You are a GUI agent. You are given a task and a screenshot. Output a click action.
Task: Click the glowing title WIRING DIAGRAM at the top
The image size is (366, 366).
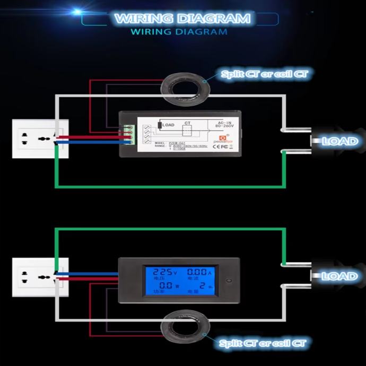(182, 19)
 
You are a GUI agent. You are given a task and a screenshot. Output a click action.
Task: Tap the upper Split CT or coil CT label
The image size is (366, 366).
(264, 74)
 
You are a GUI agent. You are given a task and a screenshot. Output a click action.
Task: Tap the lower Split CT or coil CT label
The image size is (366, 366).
(263, 343)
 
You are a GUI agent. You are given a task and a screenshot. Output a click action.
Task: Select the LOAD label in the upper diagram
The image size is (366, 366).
(339, 142)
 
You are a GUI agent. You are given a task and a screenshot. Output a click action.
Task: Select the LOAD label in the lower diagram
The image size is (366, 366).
(339, 276)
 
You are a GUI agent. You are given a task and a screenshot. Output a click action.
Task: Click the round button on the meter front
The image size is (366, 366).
(229, 280)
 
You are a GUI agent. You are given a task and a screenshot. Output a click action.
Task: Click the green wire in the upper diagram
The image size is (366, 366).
(170, 186)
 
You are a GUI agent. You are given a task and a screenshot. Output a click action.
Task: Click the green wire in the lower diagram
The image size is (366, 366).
(170, 229)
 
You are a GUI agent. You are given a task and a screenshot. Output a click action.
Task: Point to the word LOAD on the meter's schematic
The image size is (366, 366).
(168, 125)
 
